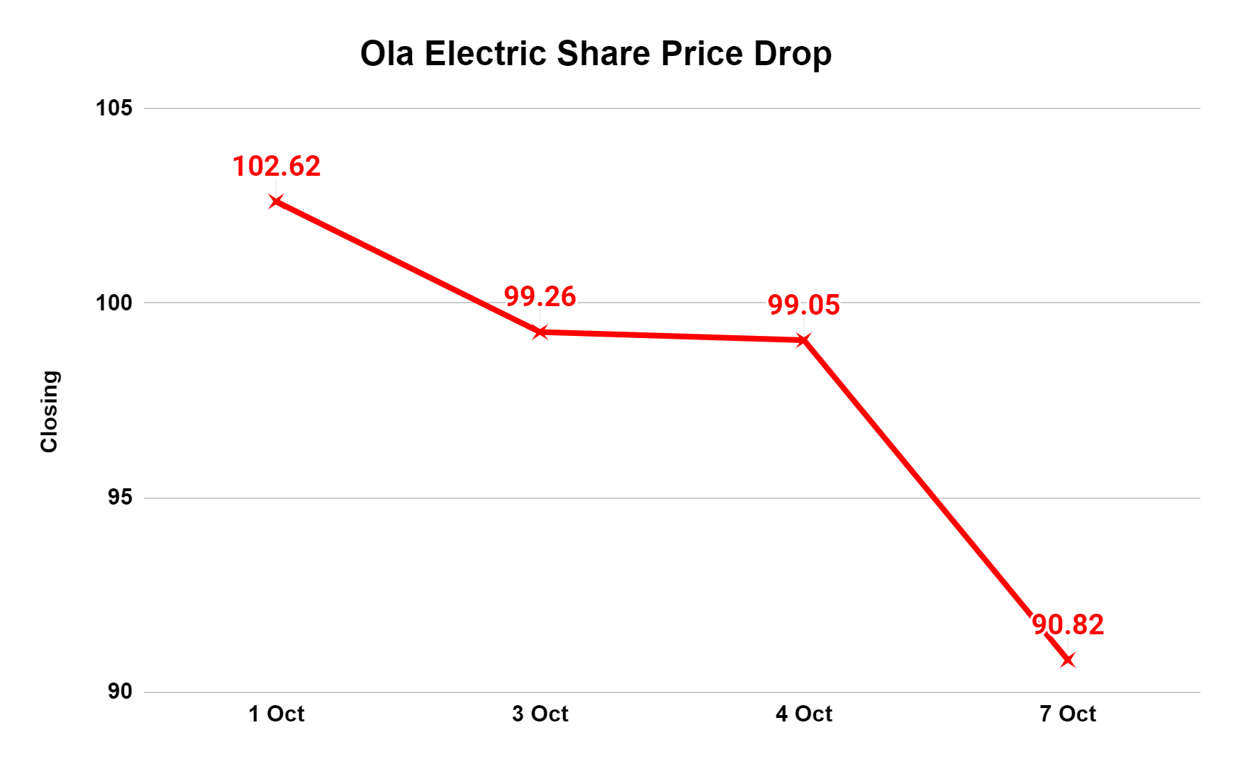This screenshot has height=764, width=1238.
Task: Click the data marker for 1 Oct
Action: pyautogui.click(x=276, y=201)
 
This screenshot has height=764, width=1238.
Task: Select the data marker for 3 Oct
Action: pyautogui.click(x=540, y=332)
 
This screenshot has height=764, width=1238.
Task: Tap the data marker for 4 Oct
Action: pyautogui.click(x=803, y=340)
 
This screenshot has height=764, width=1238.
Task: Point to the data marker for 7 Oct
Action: pyautogui.click(x=1068, y=661)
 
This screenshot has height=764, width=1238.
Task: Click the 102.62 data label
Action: pyautogui.click(x=277, y=167)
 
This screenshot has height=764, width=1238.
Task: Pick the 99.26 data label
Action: pyautogui.click(x=540, y=297)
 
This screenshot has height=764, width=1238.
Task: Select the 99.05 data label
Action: pyautogui.click(x=804, y=305)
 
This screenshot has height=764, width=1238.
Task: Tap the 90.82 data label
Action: pyautogui.click(x=1068, y=625)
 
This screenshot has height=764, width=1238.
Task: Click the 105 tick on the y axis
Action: pyautogui.click(x=114, y=108)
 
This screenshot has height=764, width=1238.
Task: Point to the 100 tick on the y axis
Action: pyautogui.click(x=114, y=303)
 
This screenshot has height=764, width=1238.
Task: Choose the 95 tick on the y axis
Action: pyautogui.click(x=120, y=498)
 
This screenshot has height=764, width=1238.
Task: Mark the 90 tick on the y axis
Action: pyautogui.click(x=120, y=692)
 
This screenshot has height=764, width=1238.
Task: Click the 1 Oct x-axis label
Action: pyautogui.click(x=277, y=714)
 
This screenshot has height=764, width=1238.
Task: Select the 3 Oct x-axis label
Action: pyautogui.click(x=540, y=714)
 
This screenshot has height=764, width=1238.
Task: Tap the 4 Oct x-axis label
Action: pyautogui.click(x=804, y=714)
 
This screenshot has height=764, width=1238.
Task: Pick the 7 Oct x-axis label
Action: pyautogui.click(x=1068, y=714)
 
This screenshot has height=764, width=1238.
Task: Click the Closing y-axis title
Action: pyautogui.click(x=49, y=411)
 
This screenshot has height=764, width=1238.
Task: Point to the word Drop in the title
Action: pyautogui.click(x=792, y=54)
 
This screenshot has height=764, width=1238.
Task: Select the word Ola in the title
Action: pyautogui.click(x=386, y=54)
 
